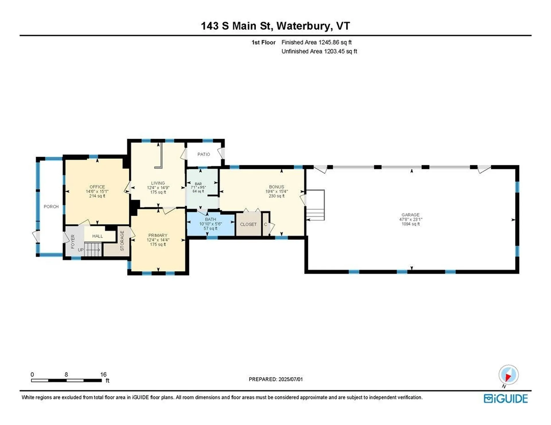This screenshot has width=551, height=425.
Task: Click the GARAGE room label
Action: (x=410, y=215)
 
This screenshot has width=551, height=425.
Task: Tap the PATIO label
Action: (x=203, y=154)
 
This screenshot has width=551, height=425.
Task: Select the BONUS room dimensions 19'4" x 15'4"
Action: (x=276, y=191)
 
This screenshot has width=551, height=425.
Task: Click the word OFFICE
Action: (x=97, y=187)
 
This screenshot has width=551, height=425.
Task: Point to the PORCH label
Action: (x=51, y=206)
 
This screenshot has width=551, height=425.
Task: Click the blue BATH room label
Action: (x=210, y=219)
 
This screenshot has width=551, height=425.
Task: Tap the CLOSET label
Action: (x=248, y=224)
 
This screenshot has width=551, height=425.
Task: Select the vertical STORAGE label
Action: (x=122, y=241)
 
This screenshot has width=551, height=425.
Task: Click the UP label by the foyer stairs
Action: (x=81, y=250)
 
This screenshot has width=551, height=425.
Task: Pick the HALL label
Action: (x=98, y=236)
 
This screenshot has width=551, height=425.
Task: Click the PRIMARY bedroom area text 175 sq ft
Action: (x=158, y=244)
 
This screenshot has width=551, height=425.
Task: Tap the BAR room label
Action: (x=198, y=184)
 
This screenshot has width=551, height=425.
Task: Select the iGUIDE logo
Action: (x=505, y=399)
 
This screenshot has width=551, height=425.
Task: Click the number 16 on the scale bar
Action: (x=103, y=375)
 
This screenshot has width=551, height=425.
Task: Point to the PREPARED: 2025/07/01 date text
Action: (x=275, y=379)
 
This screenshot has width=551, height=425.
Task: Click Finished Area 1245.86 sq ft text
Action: (x=316, y=42)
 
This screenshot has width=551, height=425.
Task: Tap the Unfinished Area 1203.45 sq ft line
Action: (x=319, y=51)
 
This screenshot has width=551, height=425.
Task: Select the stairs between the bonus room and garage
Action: (x=315, y=205)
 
